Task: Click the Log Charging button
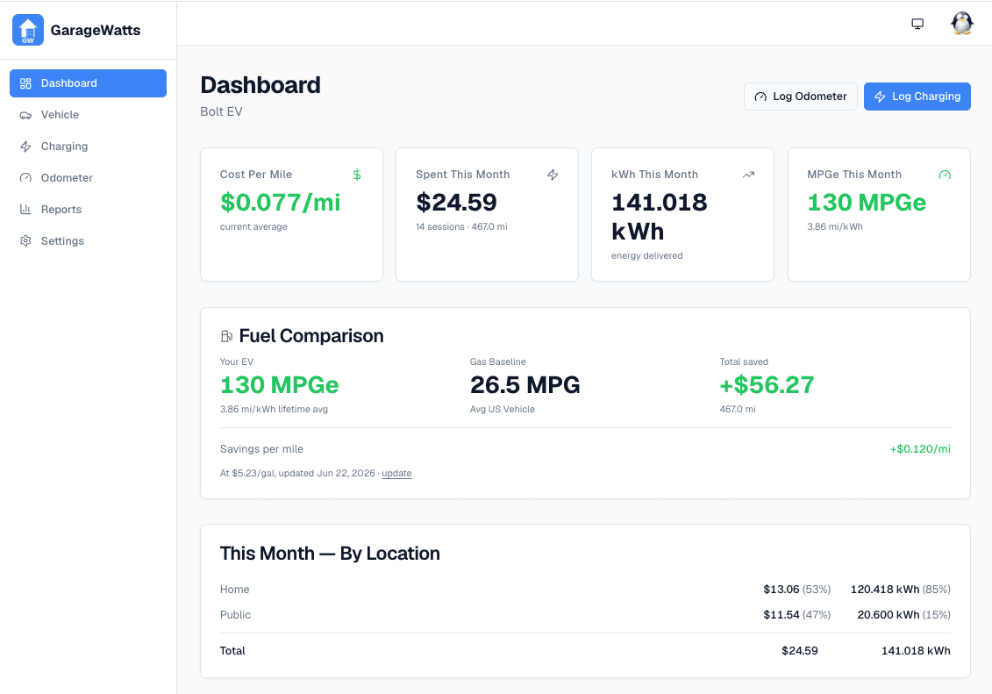[917, 97]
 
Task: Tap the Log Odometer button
[800, 97]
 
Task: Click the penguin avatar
[961, 24]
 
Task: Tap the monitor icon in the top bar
[917, 24]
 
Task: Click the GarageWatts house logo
[28, 30]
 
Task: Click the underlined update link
[396, 473]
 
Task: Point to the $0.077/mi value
[281, 203]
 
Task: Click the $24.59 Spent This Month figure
[456, 203]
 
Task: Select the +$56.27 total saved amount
[767, 384]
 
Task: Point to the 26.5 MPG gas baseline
[525, 384]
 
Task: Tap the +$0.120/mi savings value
[920, 449]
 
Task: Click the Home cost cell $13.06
[781, 590]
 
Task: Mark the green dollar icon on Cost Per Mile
[357, 175]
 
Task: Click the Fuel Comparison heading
[311, 336]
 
